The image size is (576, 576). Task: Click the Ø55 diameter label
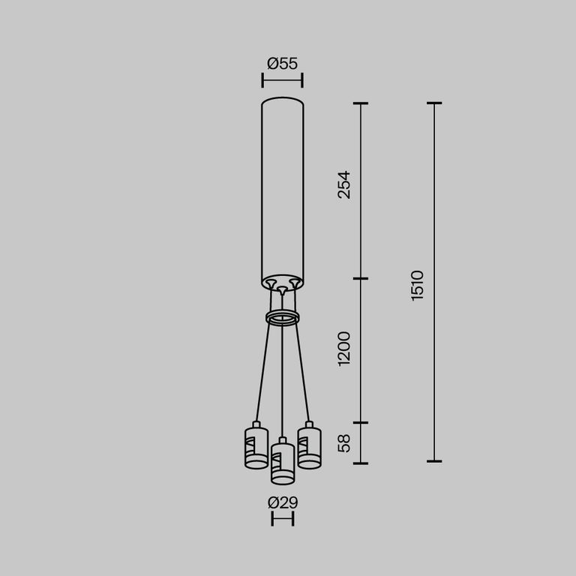coord(282,64)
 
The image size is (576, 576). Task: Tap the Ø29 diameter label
coord(282,502)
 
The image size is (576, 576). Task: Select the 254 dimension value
coord(343,184)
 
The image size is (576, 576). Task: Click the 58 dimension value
coord(343,443)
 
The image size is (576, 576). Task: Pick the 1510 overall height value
coord(418,286)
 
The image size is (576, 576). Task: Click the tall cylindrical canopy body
coord(282,187)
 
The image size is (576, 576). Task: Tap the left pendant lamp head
coord(256,448)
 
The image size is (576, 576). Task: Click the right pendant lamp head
coord(309,448)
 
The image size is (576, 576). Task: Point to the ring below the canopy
coord(282,318)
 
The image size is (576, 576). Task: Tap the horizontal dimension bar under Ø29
coord(282,519)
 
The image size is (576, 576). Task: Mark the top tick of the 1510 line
coord(433,103)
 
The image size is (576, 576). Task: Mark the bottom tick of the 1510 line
coord(433,461)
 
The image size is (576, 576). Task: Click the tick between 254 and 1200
coord(361,279)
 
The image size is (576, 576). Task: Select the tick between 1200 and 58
coord(361,423)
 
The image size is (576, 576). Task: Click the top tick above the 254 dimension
coord(361,103)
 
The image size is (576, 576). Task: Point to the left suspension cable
coord(263,371)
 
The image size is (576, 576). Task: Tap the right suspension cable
coord(301,371)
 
